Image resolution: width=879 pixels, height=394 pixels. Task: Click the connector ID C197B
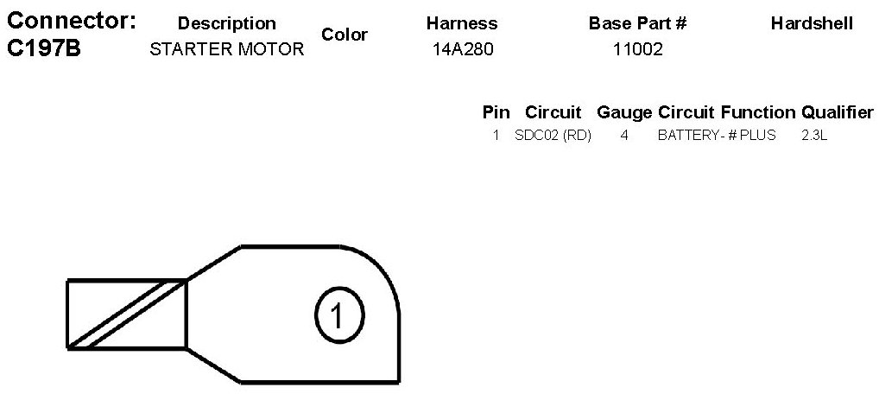pos(44,49)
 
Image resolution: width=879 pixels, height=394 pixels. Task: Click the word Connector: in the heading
pos(71,21)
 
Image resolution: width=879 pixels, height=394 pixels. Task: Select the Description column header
pos(226,23)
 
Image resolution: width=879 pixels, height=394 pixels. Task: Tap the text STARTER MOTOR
pos(226,49)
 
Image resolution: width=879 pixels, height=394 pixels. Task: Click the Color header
pos(345,35)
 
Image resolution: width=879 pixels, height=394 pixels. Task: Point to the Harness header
pos(462,23)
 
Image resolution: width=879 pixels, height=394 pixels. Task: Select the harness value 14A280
pos(463,49)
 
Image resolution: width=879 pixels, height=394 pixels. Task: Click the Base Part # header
pos(637,23)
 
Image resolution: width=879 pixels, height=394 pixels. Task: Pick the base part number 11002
pos(638,49)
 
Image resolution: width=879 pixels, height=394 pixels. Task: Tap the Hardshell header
pos(813,23)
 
